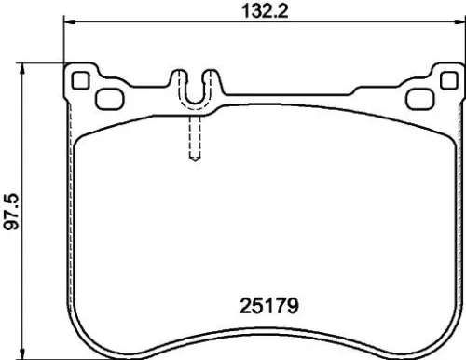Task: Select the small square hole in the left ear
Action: click(x=79, y=78)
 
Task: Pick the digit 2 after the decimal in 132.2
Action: click(x=270, y=12)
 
